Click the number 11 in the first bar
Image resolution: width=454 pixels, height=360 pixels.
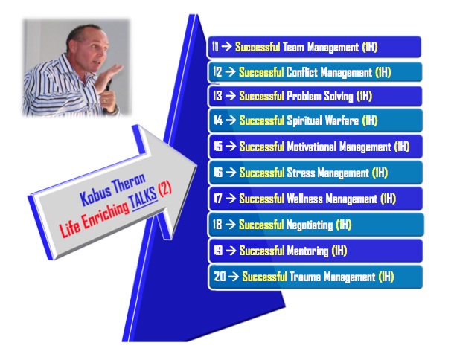point(215,46)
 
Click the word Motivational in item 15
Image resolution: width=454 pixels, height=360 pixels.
point(311,147)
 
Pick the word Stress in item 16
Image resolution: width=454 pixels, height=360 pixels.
point(301,173)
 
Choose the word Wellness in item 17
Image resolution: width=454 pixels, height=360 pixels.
point(304,199)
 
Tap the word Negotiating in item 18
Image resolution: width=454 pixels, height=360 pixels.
point(309,225)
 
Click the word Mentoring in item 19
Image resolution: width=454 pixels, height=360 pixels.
point(307,251)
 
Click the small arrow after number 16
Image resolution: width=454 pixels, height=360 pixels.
point(231,173)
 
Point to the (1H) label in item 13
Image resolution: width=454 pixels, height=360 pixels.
point(364,96)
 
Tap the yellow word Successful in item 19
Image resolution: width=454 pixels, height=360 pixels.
point(261,251)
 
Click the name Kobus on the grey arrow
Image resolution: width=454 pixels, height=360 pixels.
point(95,194)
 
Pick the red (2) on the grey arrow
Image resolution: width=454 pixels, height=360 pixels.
point(164,189)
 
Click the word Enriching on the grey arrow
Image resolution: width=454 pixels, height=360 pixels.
point(104,214)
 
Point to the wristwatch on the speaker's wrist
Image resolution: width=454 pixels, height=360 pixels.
point(115,110)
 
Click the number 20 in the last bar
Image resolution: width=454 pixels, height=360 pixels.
point(220,277)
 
